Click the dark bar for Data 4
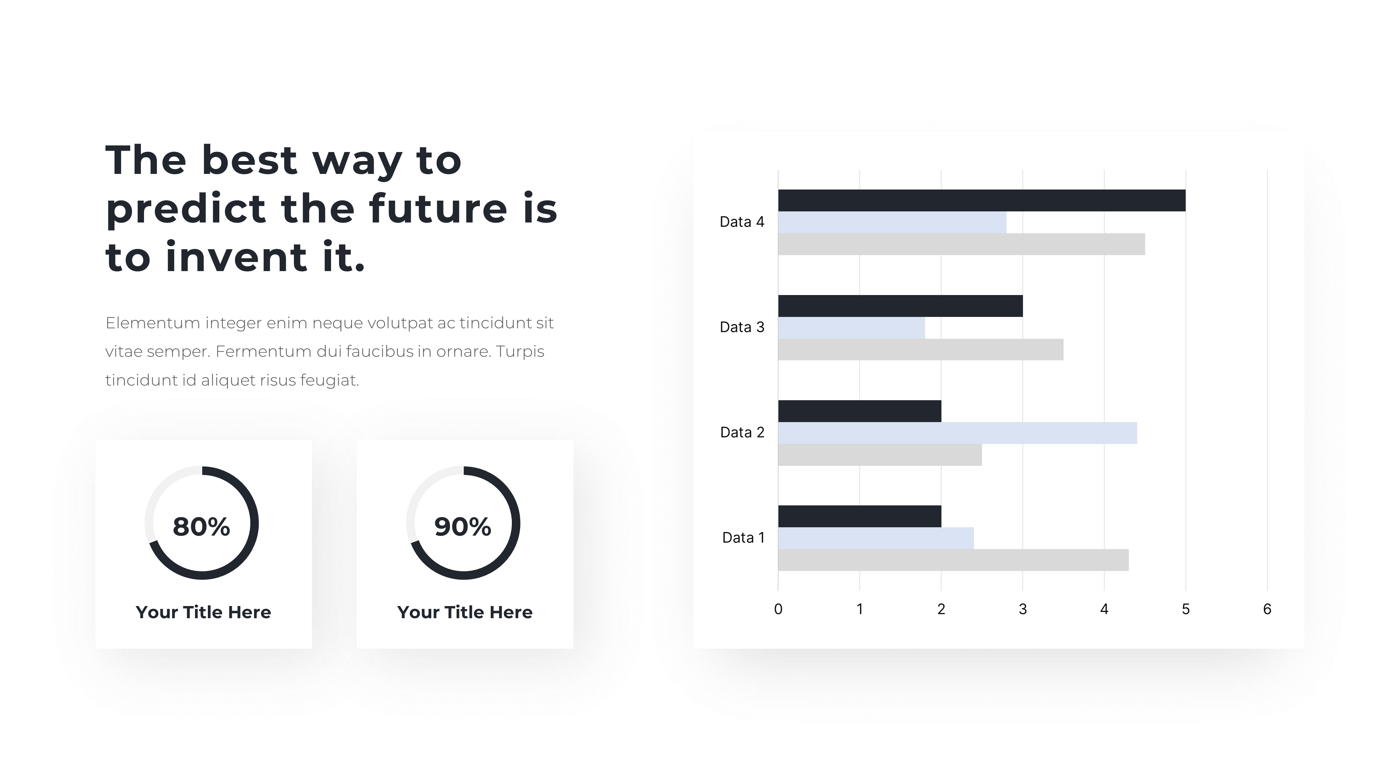(x=981, y=201)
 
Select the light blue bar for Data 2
(x=957, y=433)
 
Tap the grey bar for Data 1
(x=953, y=560)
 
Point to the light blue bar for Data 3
(x=851, y=328)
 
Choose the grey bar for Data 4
(x=961, y=244)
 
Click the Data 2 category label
(x=742, y=432)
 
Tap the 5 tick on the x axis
(x=1185, y=609)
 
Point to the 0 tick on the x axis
(x=778, y=609)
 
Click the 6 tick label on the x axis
(x=1267, y=609)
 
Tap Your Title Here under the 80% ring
(x=203, y=612)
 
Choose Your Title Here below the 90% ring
(x=465, y=612)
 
